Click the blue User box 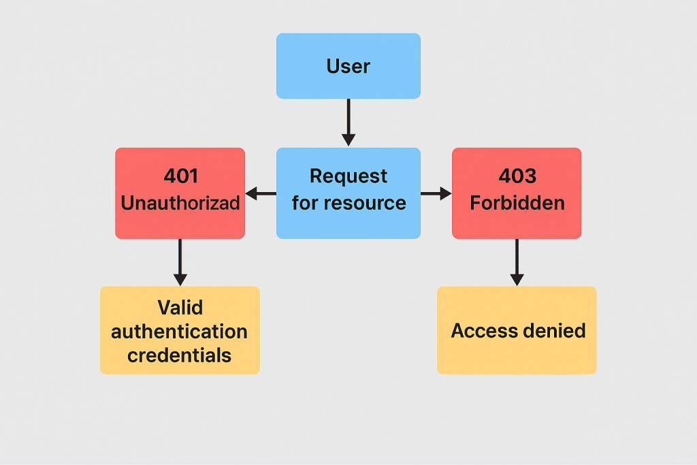[x=348, y=66]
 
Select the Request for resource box [x=348, y=193]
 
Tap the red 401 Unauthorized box [x=180, y=193]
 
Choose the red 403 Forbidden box [x=517, y=193]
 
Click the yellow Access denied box [x=517, y=330]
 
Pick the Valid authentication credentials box [x=180, y=330]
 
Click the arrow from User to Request [x=348, y=123]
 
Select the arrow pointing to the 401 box [x=260, y=194]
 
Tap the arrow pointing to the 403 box [x=436, y=194]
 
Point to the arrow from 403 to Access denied [x=517, y=262]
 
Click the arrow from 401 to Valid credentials [x=180, y=262]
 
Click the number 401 [x=181, y=176]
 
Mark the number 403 [x=517, y=176]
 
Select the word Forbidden [x=517, y=203]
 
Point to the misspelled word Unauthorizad [x=180, y=203]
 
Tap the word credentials [x=180, y=355]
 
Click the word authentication [x=180, y=332]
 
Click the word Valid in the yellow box [x=180, y=308]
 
